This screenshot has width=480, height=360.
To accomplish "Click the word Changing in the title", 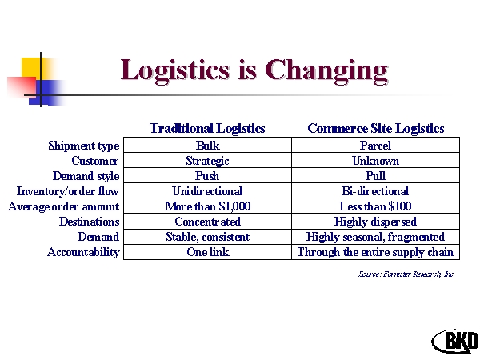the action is pyautogui.click(x=326, y=71).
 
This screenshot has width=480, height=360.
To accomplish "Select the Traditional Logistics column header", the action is pyautogui.click(x=207, y=129).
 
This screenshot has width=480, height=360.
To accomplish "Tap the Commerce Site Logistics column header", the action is pyautogui.click(x=376, y=129).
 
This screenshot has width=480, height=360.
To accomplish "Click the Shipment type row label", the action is pyautogui.click(x=83, y=146).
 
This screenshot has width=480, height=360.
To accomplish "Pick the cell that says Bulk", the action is pyautogui.click(x=207, y=145).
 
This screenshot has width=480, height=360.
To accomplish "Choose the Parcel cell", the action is pyautogui.click(x=376, y=145).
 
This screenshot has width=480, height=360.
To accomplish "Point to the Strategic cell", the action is pyautogui.click(x=207, y=161).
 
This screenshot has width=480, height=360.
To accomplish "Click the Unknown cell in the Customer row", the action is pyautogui.click(x=376, y=161).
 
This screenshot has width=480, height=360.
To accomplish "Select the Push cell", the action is pyautogui.click(x=207, y=176).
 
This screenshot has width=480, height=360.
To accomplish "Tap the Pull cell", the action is pyautogui.click(x=376, y=176).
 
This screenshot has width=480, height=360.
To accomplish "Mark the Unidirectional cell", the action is pyautogui.click(x=207, y=191).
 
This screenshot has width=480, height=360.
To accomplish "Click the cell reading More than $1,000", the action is pyautogui.click(x=207, y=206).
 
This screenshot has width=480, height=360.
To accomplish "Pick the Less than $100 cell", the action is pyautogui.click(x=376, y=206).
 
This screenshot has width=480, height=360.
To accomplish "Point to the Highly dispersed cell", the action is pyautogui.click(x=376, y=222).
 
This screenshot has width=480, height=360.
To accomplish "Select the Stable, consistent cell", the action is pyautogui.click(x=207, y=237).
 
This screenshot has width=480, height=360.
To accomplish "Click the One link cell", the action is pyautogui.click(x=207, y=252).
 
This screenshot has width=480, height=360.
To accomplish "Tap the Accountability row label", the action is pyautogui.click(x=83, y=252).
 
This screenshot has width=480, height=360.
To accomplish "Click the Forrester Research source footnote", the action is pyautogui.click(x=406, y=274).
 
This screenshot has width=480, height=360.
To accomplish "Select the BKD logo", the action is pyautogui.click(x=455, y=341).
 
